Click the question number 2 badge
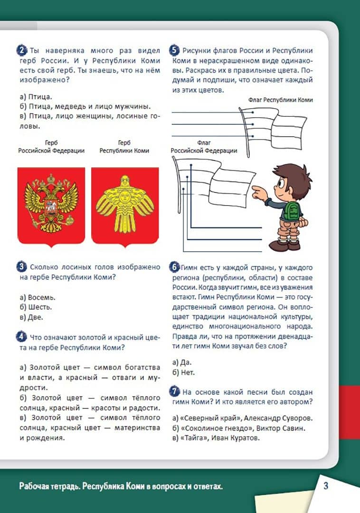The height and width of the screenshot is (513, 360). [x=22, y=50]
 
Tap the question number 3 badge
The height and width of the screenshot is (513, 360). [x=22, y=267]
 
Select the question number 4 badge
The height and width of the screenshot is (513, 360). [x=22, y=337]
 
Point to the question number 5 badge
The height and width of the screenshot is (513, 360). [x=174, y=50]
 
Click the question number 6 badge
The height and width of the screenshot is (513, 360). [x=174, y=267]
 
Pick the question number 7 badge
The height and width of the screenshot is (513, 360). [x=174, y=392]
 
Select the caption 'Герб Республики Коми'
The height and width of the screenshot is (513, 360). [x=124, y=146]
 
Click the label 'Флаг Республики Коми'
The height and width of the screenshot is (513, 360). [x=280, y=100]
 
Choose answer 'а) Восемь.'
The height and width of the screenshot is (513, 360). [x=38, y=297]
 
